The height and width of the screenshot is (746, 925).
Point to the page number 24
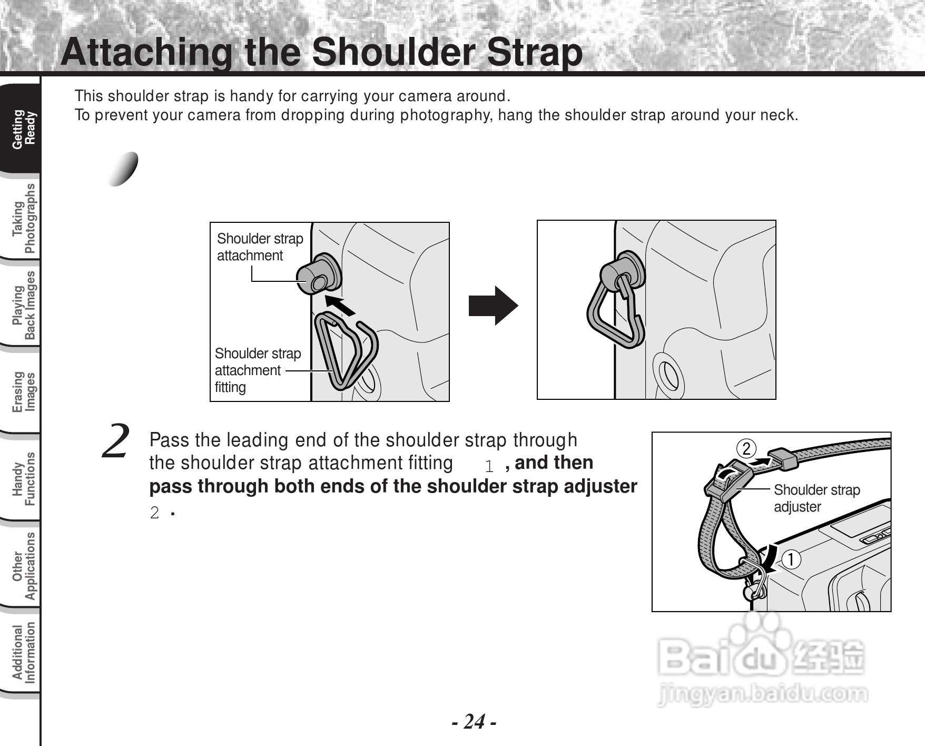474,721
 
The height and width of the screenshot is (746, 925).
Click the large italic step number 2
116,441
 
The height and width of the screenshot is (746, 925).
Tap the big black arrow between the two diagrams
494,306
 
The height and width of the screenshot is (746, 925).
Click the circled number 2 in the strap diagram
746,449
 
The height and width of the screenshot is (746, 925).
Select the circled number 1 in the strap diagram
791,559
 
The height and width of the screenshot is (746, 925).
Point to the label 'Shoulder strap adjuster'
816,498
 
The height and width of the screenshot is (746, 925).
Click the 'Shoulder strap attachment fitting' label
258,370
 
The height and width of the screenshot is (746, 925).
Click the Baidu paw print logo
756,646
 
